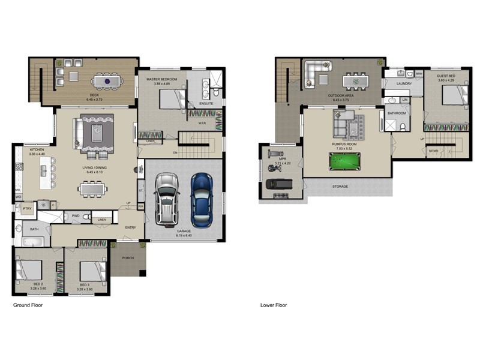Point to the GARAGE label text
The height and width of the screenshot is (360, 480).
184,231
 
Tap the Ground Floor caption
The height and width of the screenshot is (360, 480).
28,305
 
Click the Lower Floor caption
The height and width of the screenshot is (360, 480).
274,305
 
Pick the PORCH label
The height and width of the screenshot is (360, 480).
128,259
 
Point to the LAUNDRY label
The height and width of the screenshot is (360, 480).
404,84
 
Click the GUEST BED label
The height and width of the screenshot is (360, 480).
445,76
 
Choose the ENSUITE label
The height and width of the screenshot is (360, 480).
207,103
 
